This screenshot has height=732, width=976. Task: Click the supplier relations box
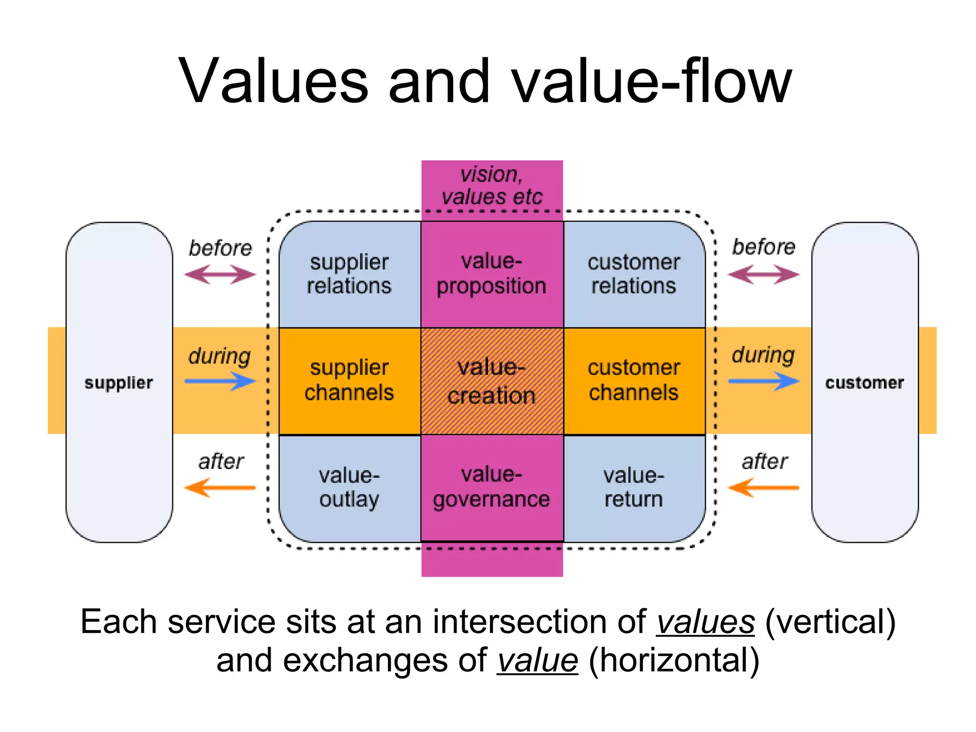(x=349, y=274)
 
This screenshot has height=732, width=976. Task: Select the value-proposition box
(x=492, y=274)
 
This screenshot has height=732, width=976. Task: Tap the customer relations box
(x=634, y=274)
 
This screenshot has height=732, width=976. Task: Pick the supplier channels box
(x=349, y=381)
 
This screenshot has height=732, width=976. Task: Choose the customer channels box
(x=634, y=381)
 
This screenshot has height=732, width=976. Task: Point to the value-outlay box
(x=349, y=488)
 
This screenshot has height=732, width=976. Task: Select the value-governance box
(x=492, y=488)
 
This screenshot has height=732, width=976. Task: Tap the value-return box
(x=634, y=488)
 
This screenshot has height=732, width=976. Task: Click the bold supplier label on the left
(x=119, y=383)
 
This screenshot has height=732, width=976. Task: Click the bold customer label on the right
(x=864, y=383)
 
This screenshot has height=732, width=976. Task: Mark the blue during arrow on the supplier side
(x=220, y=381)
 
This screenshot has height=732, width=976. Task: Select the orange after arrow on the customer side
(x=763, y=488)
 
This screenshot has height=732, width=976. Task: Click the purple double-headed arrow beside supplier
(x=220, y=274)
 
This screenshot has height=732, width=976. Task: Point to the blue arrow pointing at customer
(x=763, y=381)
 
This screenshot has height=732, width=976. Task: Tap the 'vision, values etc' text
(x=492, y=186)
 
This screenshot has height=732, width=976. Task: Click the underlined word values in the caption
(x=705, y=622)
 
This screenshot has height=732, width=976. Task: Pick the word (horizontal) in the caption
(x=674, y=661)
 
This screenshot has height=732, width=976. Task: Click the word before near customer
(x=763, y=247)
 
